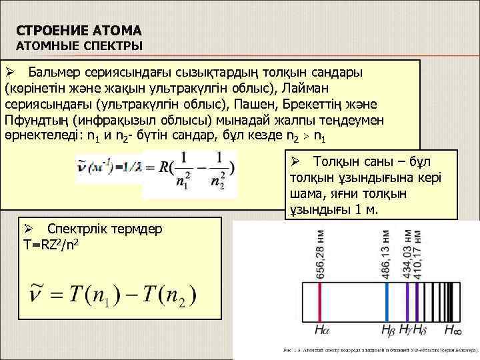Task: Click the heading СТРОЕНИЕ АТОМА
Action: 79,31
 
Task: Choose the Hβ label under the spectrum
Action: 389,330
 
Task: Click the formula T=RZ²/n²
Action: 53,245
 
